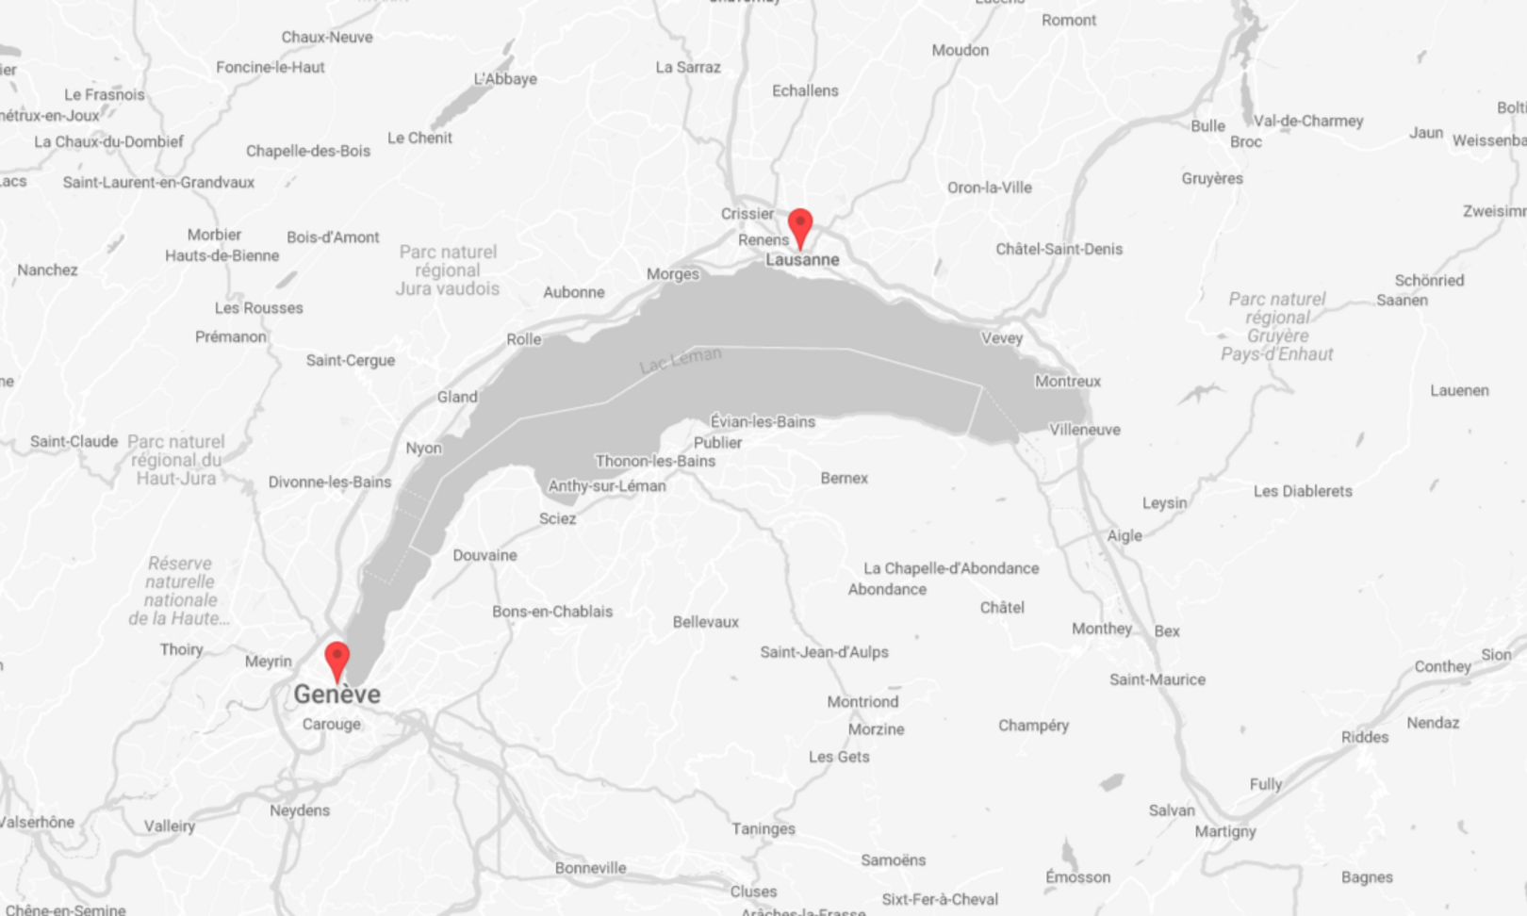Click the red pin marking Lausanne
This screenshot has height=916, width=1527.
click(800, 227)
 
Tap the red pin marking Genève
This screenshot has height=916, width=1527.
click(337, 660)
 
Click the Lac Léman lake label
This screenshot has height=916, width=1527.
click(680, 359)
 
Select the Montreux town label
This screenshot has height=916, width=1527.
click(1067, 382)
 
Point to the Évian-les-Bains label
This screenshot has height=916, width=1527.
click(763, 422)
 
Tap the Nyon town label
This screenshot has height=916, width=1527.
click(423, 449)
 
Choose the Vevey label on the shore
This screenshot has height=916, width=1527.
click(1001, 338)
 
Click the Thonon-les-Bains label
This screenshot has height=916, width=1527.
click(655, 462)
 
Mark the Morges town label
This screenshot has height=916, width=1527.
click(672, 274)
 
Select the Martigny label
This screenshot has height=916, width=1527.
click(1225, 831)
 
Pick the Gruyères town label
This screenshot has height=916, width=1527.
click(1212, 179)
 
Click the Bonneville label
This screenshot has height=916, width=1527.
click(590, 868)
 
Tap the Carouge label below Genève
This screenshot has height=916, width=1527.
click(331, 725)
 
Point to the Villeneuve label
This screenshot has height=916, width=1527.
click(1085, 430)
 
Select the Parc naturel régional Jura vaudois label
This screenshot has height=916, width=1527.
click(448, 270)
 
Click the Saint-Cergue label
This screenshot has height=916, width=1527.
click(350, 361)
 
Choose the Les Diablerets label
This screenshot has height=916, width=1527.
click(1303, 492)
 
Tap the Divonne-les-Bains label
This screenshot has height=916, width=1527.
click(329, 483)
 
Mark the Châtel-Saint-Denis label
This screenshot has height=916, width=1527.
click(1059, 250)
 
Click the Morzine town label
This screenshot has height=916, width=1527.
click(876, 729)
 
